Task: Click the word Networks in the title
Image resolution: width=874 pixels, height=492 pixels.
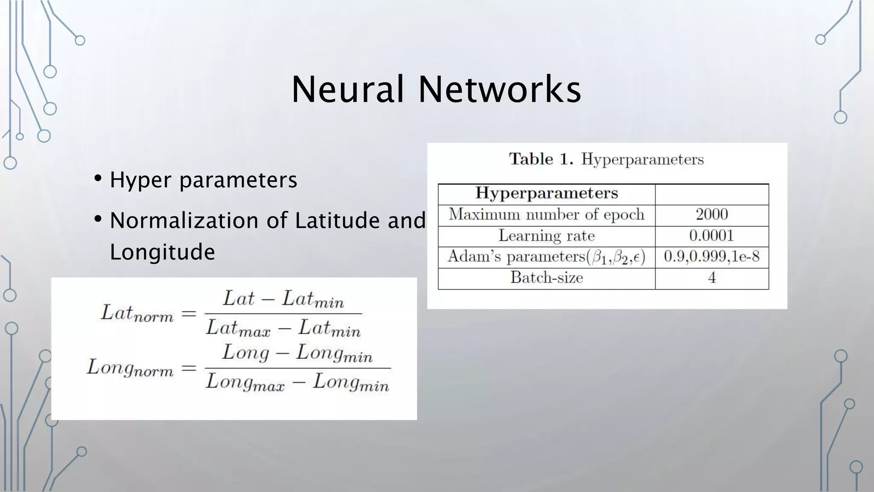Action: click(x=500, y=90)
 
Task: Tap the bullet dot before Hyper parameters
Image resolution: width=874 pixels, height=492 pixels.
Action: click(x=98, y=178)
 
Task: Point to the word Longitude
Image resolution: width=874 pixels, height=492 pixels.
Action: click(x=162, y=252)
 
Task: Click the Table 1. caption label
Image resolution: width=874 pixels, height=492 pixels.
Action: click(x=541, y=159)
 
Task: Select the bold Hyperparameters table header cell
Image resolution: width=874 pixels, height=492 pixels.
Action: click(x=546, y=193)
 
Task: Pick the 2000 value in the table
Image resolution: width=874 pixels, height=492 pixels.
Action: click(x=711, y=214)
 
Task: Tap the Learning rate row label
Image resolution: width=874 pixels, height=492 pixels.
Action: click(x=546, y=236)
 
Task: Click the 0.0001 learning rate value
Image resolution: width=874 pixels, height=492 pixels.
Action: click(x=711, y=236)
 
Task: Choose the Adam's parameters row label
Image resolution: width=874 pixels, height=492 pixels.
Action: click(x=546, y=257)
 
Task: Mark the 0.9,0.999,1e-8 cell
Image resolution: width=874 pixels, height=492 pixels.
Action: click(x=711, y=257)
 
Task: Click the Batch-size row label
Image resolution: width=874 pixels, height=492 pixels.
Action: click(x=546, y=278)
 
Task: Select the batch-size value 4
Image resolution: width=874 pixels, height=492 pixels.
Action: click(x=711, y=278)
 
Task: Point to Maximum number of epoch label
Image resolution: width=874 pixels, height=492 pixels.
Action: click(x=546, y=214)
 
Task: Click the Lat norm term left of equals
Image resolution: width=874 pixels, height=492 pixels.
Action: click(x=137, y=314)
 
